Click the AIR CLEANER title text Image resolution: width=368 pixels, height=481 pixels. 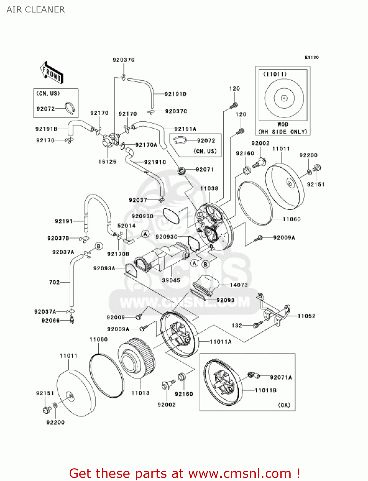[x=36, y=10]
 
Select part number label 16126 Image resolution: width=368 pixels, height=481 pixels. [x=107, y=162]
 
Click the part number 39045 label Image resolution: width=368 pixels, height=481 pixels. [x=171, y=280]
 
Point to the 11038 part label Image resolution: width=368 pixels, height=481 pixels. [x=209, y=189]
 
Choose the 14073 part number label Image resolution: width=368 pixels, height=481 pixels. [x=239, y=285]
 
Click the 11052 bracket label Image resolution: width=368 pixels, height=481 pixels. [x=306, y=316]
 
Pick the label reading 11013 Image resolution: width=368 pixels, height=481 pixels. [x=140, y=393]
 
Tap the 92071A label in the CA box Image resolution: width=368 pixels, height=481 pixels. [x=281, y=377]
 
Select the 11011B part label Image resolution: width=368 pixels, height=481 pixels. [x=266, y=390]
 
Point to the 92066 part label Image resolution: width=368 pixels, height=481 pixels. [x=50, y=320]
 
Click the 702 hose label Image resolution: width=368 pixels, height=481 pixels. [x=54, y=282]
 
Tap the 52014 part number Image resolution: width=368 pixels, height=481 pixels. [x=126, y=226]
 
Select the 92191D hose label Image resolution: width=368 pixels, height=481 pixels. [x=175, y=94]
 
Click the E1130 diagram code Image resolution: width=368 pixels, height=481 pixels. [x=312, y=57]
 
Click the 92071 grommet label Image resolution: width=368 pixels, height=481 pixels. [x=204, y=169]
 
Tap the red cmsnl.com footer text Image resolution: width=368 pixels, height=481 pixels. [x=184, y=473]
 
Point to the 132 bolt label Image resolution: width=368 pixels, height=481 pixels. [x=237, y=325]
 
